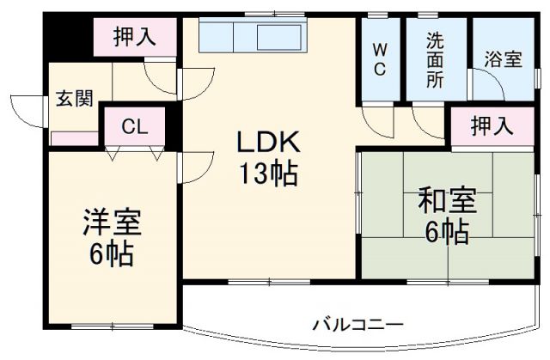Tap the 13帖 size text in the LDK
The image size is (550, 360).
(x=269, y=174)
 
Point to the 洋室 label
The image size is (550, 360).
(x=111, y=222)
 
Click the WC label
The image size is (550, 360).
(x=379, y=58)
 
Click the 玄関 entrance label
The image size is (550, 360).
(x=75, y=96)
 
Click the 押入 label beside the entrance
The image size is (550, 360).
(x=135, y=37)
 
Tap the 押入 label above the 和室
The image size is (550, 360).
(x=491, y=126)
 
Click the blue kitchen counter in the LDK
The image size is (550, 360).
(x=251, y=37)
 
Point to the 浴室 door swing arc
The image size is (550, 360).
(x=486, y=84)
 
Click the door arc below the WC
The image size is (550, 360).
(x=376, y=120)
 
